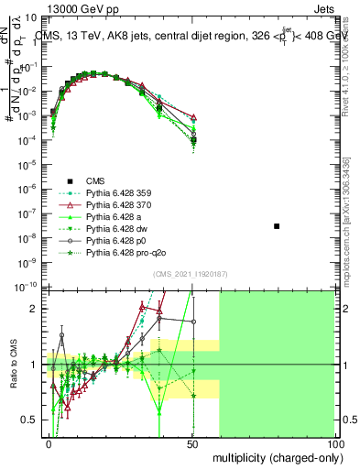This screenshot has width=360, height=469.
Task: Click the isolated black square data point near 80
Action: (x=277, y=225)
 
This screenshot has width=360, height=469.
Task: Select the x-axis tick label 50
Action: (x=191, y=442)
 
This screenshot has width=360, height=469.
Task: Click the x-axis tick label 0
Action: (x=49, y=442)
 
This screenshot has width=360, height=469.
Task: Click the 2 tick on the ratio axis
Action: (x=36, y=309)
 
